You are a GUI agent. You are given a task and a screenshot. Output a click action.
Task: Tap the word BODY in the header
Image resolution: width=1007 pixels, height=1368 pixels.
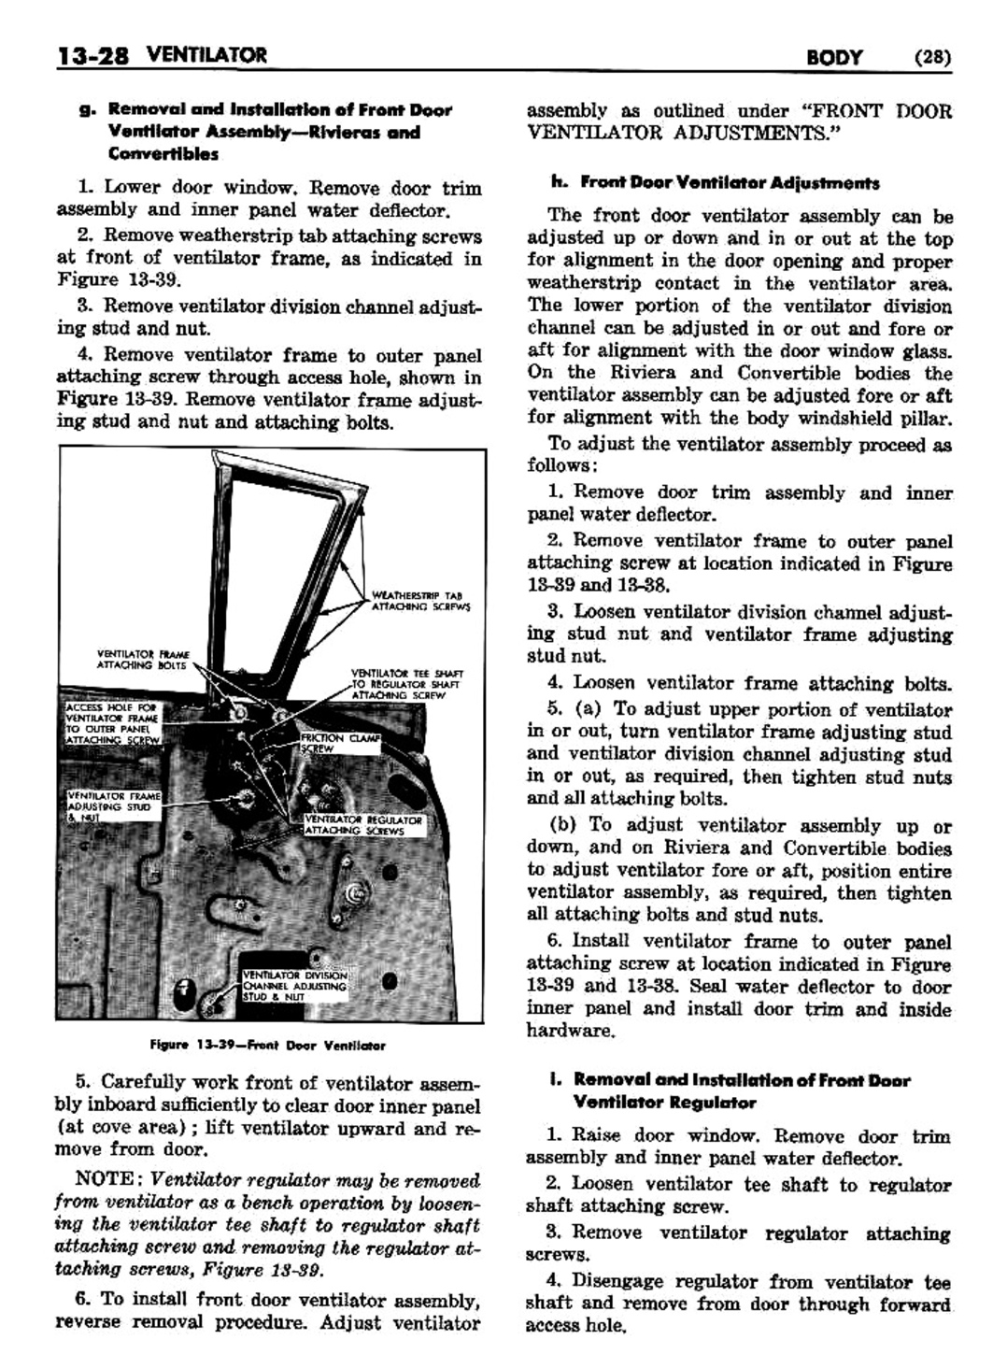pyautogui.click(x=835, y=57)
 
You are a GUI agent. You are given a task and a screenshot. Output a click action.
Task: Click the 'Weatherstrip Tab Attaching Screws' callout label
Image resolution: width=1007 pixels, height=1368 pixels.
pyautogui.click(x=419, y=600)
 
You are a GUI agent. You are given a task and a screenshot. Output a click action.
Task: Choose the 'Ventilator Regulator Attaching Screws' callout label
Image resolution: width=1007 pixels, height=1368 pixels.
pyautogui.click(x=364, y=825)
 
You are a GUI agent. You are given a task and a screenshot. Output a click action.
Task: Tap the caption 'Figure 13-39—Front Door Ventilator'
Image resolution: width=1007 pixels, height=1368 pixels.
pyautogui.click(x=267, y=1045)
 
